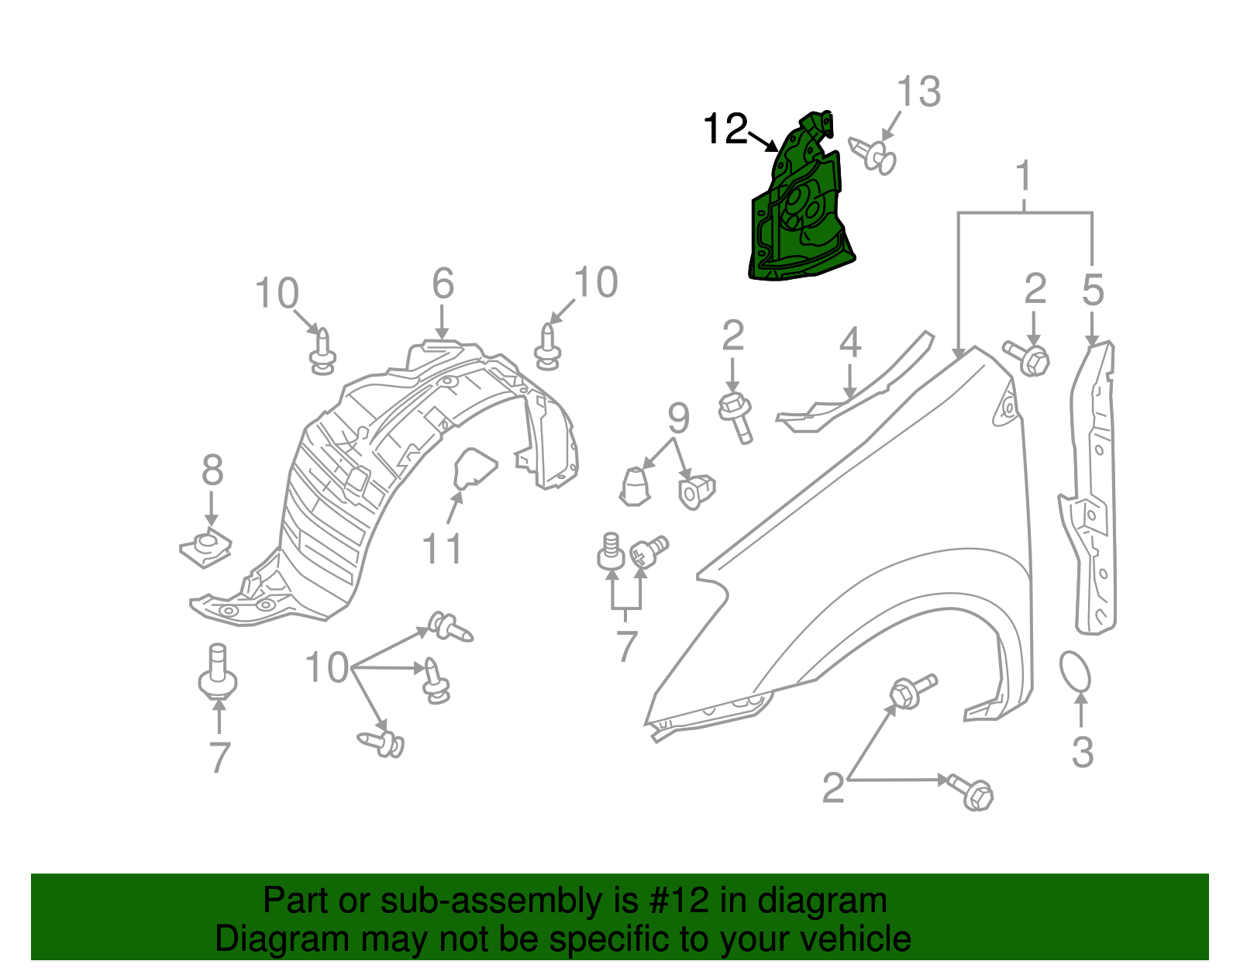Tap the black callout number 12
point(725,129)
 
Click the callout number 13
point(918,92)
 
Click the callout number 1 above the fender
point(1025,177)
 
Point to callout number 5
point(1093,291)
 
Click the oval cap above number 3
point(1075,671)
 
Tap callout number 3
point(1083,752)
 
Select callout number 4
point(850,343)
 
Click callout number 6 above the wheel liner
point(443,284)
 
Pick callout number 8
point(212,470)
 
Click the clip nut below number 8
point(205,547)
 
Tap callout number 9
point(678,419)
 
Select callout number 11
point(442,549)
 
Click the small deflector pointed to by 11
point(473,469)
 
